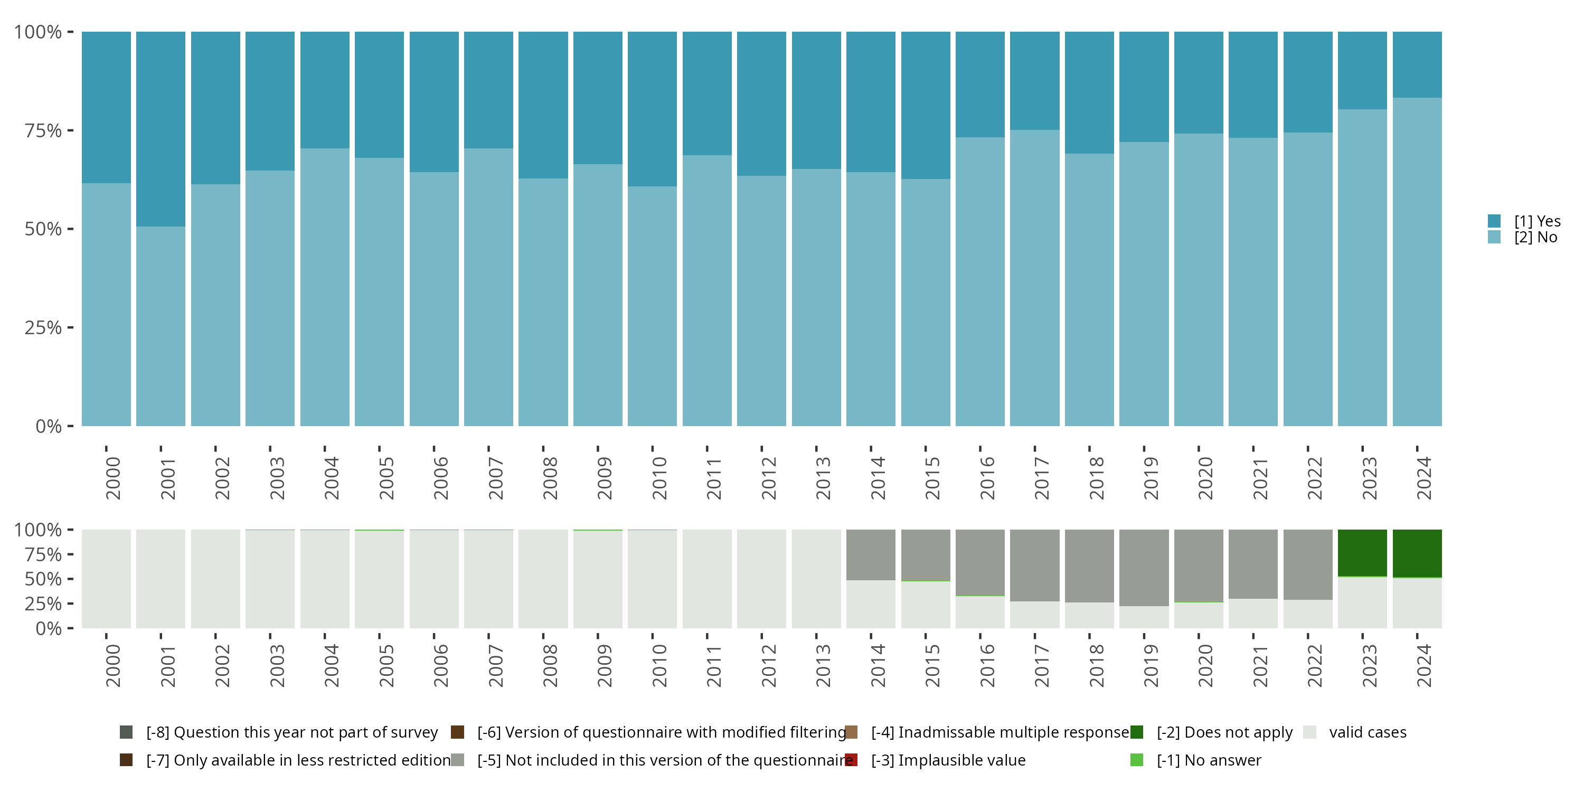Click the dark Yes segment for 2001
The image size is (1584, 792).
161,129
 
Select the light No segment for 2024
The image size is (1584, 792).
1417,261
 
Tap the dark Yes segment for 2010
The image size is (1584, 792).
652,109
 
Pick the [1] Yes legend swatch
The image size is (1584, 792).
1494,221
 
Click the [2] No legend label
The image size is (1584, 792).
1535,238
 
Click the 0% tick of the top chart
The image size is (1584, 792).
48,426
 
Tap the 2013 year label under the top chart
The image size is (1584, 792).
823,478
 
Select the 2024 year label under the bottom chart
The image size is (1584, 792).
1423,665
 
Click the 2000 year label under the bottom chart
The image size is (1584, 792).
113,665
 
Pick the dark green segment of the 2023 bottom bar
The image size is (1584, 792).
1362,553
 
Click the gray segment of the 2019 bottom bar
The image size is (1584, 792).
1144,568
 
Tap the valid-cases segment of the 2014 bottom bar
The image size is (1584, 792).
871,604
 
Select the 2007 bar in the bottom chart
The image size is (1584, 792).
488,579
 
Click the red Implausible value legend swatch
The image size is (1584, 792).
851,760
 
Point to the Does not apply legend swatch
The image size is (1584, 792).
1136,732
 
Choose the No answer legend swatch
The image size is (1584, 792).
1136,760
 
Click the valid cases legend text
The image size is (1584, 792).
1368,732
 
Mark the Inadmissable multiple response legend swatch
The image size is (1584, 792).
851,732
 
